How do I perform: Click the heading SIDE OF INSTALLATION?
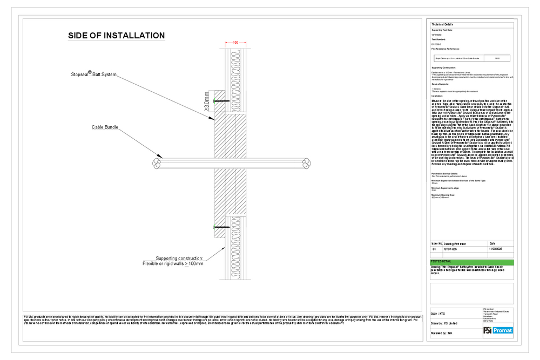click(116, 36)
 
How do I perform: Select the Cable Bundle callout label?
click(105, 128)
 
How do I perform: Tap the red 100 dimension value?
click(235, 42)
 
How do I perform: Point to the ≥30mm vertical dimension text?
click(206, 101)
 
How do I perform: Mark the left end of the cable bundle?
click(156, 161)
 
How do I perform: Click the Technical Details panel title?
click(442, 25)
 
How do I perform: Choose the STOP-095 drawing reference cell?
click(451, 250)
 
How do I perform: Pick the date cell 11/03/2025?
click(495, 250)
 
